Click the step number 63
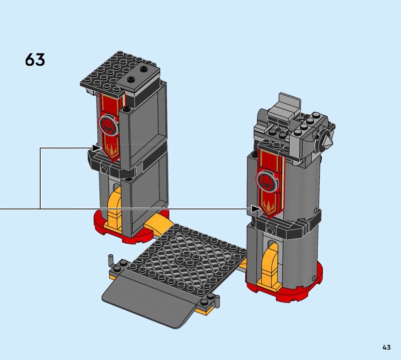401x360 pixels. [x=35, y=60]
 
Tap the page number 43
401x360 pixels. [x=386, y=347]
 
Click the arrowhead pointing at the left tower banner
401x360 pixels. [x=97, y=148]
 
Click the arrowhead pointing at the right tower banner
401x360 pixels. [x=256, y=209]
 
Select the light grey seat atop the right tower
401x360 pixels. [x=289, y=105]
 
